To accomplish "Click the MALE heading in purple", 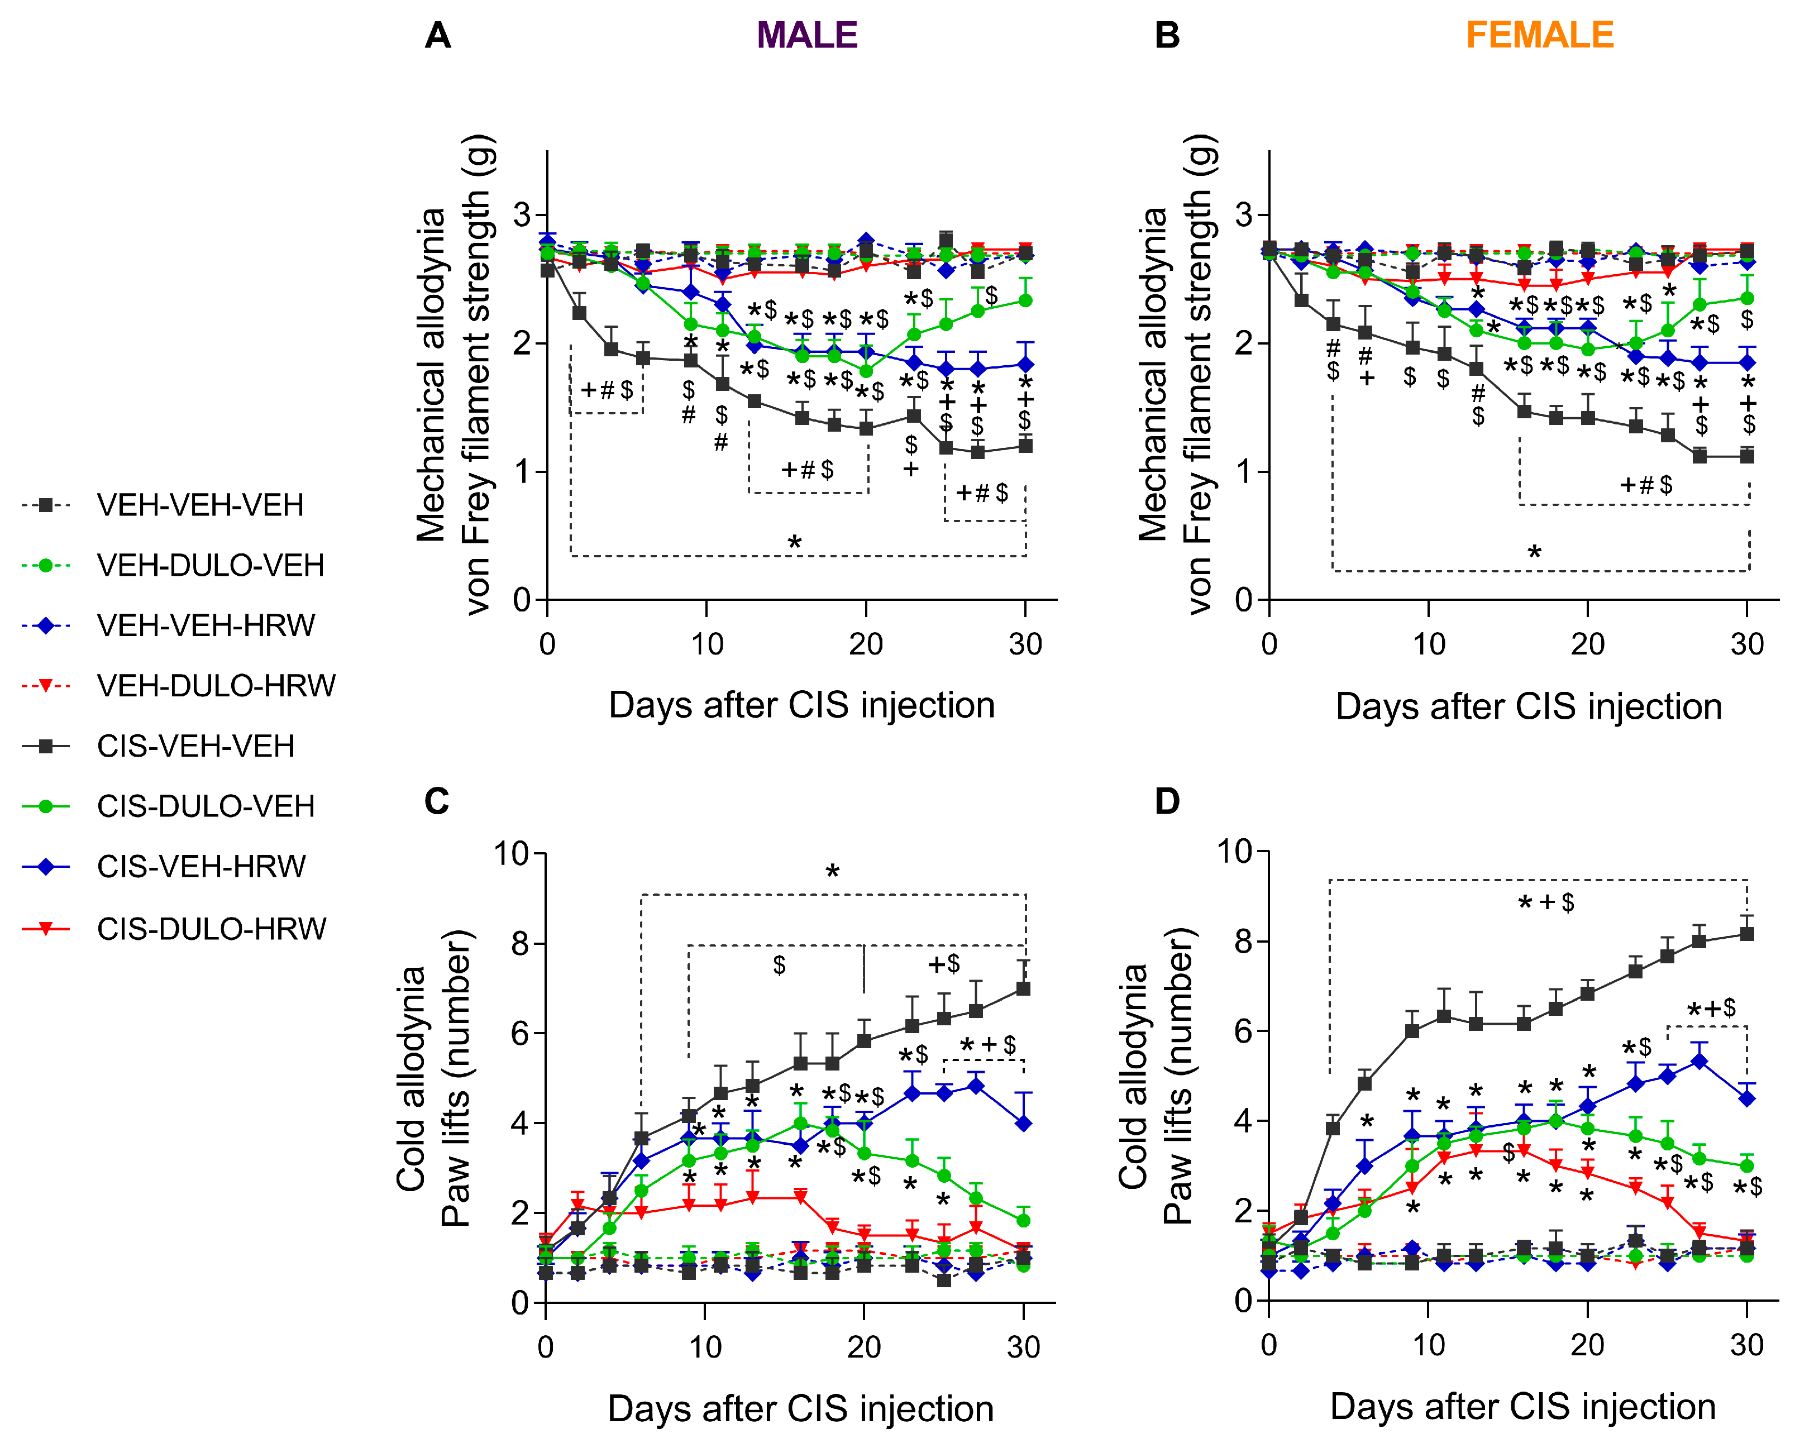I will pos(807,36).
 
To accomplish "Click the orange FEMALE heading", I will pos(1539,36).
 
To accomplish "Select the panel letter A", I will pos(437,36).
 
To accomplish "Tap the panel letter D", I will pos(1167,801).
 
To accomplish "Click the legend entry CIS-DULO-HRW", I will pos(212,929).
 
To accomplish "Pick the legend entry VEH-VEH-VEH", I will pos(200,505).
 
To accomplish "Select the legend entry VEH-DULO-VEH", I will pos(210,565).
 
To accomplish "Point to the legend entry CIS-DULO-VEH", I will pos(206,806).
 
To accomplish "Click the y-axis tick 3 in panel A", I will pos(522,215).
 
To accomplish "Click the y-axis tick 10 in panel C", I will pos(512,853).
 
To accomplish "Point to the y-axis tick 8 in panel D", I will pos(1244,942).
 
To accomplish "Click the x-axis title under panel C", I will pos(800,1409).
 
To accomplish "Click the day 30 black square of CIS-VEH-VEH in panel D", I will pos(1747,933).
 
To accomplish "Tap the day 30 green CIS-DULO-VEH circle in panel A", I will pos(1026,300).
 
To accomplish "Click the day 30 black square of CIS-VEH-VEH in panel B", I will pos(1748,456).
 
